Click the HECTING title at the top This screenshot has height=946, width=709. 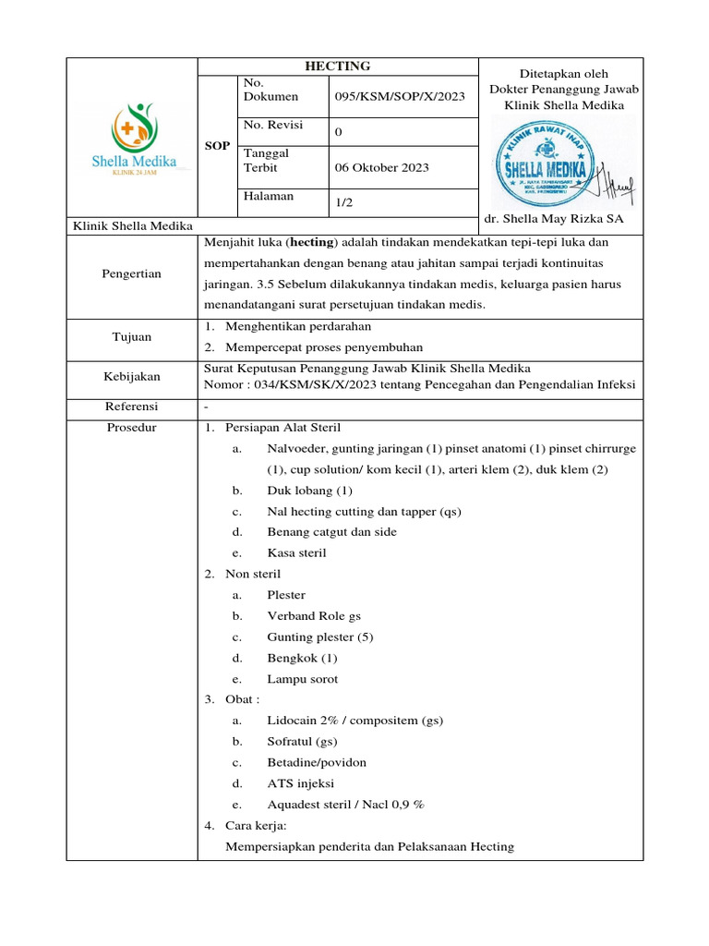click(x=338, y=66)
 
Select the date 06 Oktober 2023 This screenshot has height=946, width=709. click(x=381, y=168)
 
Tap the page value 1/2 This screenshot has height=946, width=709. click(x=343, y=202)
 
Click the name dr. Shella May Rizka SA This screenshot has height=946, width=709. click(x=554, y=218)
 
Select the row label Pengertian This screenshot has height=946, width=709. click(x=132, y=273)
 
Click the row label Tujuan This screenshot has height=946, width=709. click(x=132, y=337)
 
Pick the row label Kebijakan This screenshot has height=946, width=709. click(x=132, y=376)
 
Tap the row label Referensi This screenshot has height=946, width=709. click(x=132, y=406)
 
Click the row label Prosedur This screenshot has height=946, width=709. click(x=132, y=428)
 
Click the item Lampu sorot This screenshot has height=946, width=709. click(x=303, y=679)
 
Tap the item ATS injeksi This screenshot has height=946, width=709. click(x=301, y=783)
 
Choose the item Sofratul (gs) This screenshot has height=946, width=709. click(x=302, y=741)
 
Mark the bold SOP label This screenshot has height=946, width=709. click(x=217, y=146)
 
